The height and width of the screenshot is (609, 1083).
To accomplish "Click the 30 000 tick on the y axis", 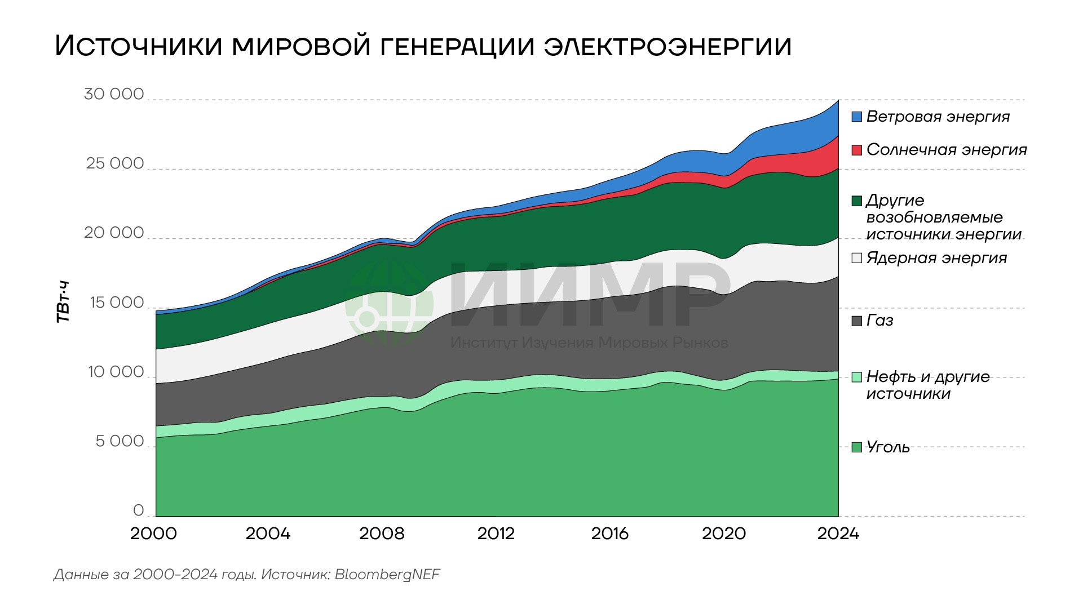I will [x=114, y=94].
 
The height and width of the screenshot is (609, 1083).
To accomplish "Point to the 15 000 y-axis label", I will [x=116, y=303].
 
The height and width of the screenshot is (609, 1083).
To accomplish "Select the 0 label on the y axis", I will [x=138, y=510].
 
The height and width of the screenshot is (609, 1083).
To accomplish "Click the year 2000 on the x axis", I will [x=153, y=534].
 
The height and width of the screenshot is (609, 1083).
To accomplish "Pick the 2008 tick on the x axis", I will [x=382, y=534].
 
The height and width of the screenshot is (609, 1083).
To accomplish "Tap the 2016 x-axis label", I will [x=609, y=534].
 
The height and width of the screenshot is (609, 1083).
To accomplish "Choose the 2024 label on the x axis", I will [x=838, y=534].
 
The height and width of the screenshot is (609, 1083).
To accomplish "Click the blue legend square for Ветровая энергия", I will [x=857, y=117].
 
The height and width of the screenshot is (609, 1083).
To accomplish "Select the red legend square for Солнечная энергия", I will [x=857, y=150].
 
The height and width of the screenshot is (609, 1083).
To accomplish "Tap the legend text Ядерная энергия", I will [x=936, y=258].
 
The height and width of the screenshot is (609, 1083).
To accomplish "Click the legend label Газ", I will [x=879, y=321].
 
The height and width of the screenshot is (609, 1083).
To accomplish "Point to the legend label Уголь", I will [x=888, y=447].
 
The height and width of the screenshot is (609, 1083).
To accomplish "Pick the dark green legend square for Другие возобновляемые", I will [x=857, y=201].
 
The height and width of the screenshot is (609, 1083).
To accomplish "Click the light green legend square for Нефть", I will [x=857, y=377].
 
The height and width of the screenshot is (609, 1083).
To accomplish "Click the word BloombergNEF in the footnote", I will [x=387, y=575].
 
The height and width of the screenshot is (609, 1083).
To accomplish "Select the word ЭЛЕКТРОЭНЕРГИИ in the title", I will [x=668, y=46].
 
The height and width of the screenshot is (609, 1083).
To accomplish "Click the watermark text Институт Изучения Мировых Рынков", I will [x=589, y=343].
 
